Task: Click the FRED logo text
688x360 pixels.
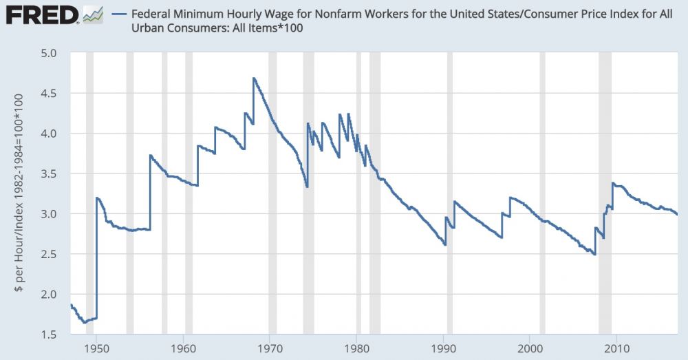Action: [x=40, y=14]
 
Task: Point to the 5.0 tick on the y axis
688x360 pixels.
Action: [x=54, y=52]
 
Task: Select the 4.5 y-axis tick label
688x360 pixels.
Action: [x=54, y=93]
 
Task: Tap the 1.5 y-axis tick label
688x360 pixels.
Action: [x=54, y=335]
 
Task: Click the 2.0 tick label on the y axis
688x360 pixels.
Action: [x=54, y=295]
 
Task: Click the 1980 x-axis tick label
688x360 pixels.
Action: [x=356, y=346]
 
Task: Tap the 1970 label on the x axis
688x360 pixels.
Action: [x=270, y=346]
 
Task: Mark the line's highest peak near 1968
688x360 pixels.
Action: [x=254, y=78]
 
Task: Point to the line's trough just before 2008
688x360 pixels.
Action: [x=594, y=254]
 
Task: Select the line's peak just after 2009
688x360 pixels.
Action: [x=612, y=183]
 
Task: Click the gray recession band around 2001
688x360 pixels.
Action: [x=542, y=193]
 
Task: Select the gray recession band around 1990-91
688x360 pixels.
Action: [x=450, y=193]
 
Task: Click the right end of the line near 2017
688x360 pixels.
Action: [x=677, y=214]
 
